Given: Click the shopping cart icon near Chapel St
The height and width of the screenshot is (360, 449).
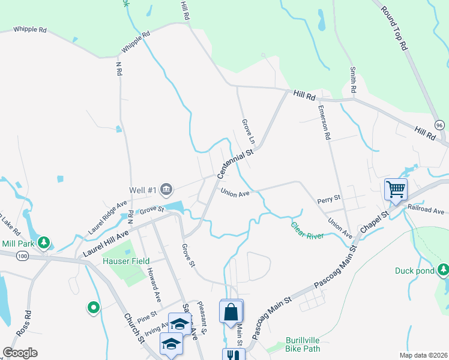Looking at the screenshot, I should (x=396, y=190).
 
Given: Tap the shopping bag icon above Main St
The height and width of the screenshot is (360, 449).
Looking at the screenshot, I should (x=232, y=312).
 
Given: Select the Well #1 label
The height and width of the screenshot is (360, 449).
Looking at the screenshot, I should (x=143, y=191).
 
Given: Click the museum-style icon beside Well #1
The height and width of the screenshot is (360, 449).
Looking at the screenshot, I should (x=166, y=190).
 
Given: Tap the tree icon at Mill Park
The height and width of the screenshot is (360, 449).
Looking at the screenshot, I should (x=43, y=242).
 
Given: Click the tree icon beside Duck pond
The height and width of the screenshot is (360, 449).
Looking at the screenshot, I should (x=443, y=271).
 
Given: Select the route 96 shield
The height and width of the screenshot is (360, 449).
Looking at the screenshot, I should (x=439, y=125).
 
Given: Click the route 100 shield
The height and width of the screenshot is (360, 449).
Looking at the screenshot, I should (x=23, y=256).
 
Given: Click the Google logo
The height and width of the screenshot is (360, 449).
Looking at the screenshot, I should (x=20, y=353).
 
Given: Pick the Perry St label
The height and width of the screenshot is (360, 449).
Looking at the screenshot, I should (x=329, y=197).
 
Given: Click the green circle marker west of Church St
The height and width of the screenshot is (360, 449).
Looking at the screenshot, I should (x=93, y=308).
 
